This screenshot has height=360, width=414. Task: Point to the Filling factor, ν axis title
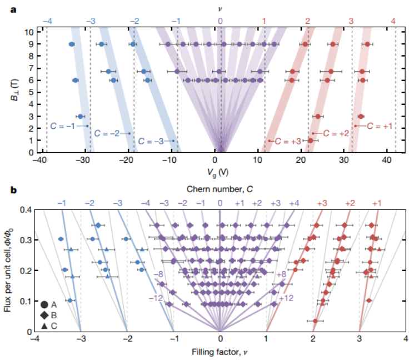[221, 351]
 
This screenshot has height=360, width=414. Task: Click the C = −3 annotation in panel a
[152, 141]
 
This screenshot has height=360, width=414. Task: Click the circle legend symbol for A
[44, 304]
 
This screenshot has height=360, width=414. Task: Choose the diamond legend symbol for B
[44, 315]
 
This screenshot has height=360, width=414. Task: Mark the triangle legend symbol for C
[44, 325]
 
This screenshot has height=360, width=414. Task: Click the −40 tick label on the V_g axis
[38, 161]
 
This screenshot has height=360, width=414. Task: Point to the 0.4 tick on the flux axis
[24, 209]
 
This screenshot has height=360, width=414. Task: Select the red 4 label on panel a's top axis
[394, 21]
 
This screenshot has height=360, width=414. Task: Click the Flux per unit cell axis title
[9, 270]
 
